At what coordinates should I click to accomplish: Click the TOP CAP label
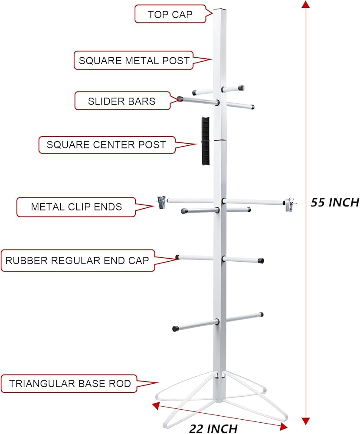coord(170,14)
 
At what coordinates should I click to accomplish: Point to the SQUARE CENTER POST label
coord(106,145)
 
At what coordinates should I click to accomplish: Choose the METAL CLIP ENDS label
coord(76,207)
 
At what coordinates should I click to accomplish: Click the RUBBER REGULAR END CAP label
coord(77,260)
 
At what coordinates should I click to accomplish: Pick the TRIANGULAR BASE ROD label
coord(70,384)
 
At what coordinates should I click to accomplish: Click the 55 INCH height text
coord(335,202)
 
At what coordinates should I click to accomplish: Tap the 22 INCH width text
coord(213,428)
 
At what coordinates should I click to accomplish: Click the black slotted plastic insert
coord(205,141)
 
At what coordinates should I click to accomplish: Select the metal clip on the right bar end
coord(289,204)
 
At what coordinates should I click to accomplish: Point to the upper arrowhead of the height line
coord(306,4)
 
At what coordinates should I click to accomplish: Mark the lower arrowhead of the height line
coord(306,421)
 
